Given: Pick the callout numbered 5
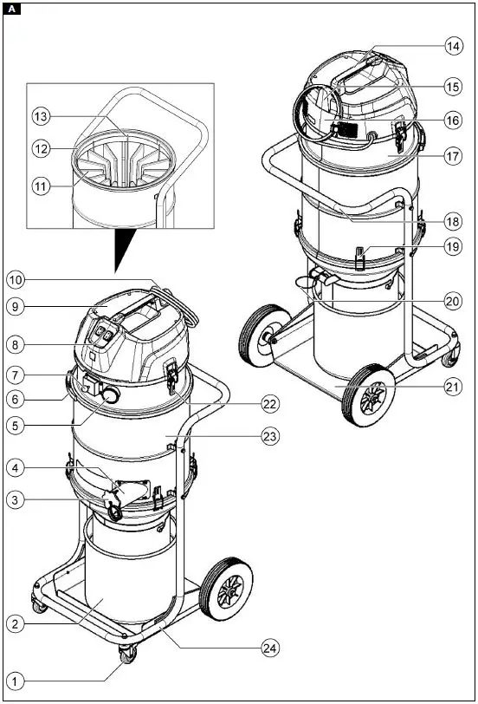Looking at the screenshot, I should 15,426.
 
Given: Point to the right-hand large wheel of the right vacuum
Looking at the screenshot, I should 370,397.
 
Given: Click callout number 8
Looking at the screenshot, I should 15,342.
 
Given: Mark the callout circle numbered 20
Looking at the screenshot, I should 451,301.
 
